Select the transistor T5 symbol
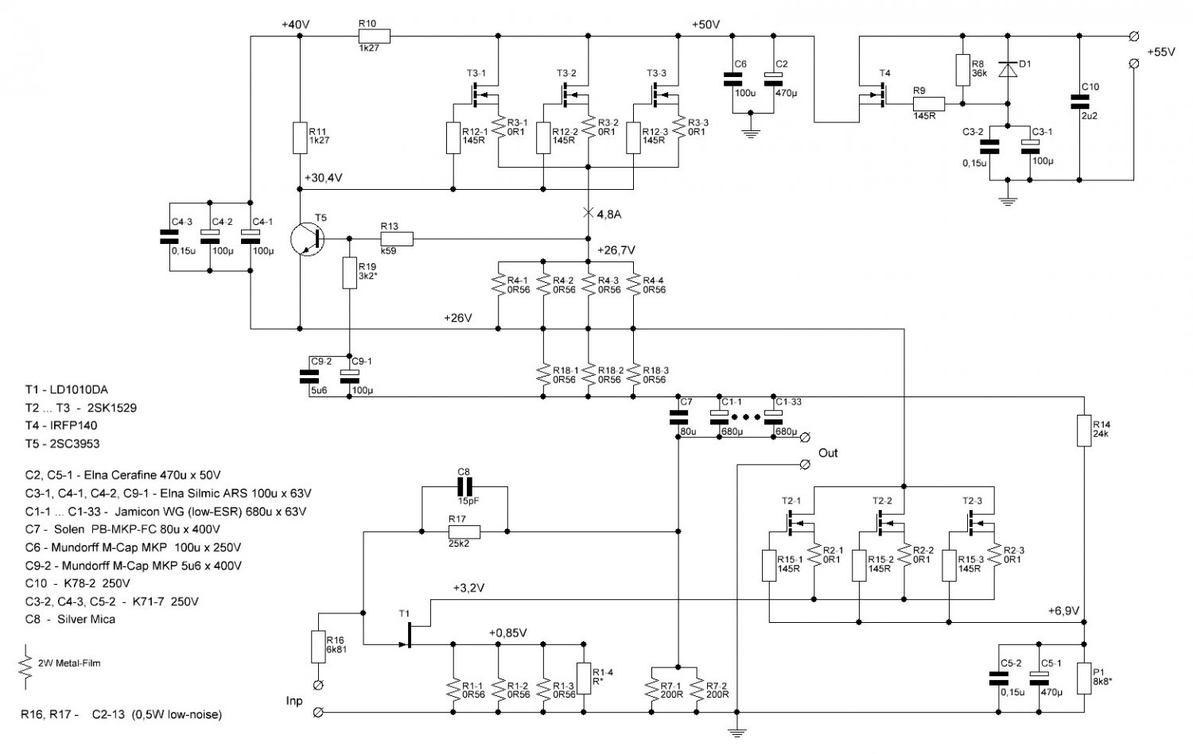click(308, 238)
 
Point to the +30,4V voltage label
click(323, 178)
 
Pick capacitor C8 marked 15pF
click(464, 486)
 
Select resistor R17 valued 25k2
click(464, 531)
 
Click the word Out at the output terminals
click(828, 453)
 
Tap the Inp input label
click(294, 701)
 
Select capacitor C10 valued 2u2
click(1079, 102)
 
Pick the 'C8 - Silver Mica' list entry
click(70, 619)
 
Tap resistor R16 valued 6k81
click(318, 647)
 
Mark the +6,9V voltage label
click(1063, 611)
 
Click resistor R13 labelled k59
click(397, 238)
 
